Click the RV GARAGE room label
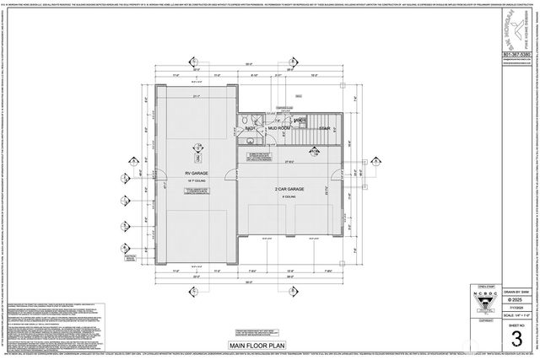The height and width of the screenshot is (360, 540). (197, 173)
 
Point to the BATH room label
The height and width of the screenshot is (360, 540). (251, 128)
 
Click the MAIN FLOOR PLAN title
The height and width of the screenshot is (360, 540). (264, 345)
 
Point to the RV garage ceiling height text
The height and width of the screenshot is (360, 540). (197, 180)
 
